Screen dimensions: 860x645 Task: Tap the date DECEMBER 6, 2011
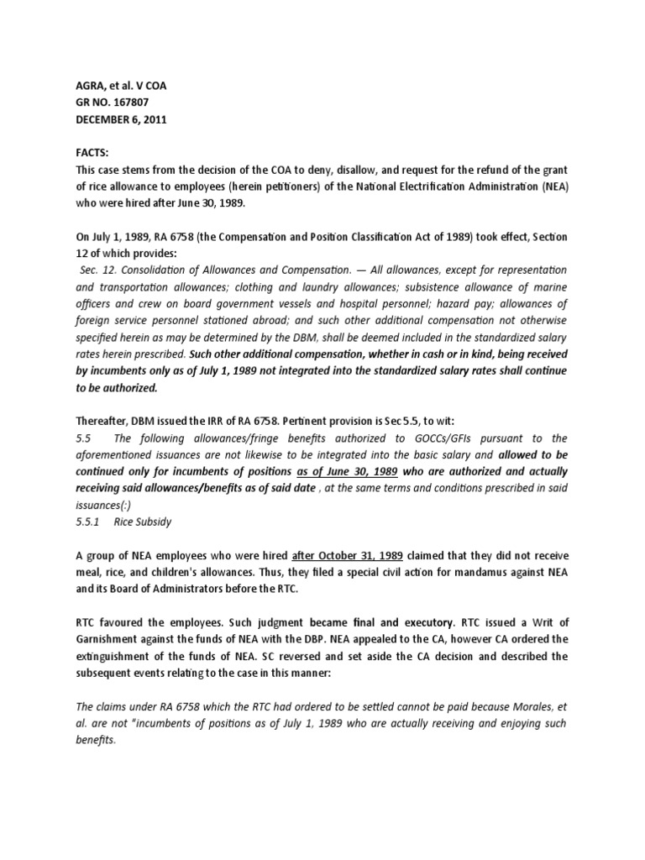coord(122,119)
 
